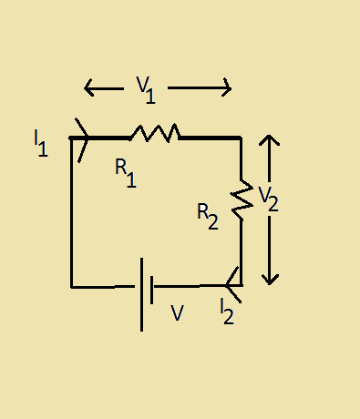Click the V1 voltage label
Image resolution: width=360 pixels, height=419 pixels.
click(146, 89)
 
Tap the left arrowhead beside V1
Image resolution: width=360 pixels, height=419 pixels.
click(88, 88)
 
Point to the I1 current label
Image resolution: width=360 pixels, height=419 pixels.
click(40, 143)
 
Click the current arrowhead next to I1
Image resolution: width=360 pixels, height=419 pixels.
click(85, 138)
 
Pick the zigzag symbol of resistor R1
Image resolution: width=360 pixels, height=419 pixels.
click(154, 134)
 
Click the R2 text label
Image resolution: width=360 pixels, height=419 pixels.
click(208, 216)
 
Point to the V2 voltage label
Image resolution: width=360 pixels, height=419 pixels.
click(267, 199)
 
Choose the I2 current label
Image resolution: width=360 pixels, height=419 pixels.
click(227, 312)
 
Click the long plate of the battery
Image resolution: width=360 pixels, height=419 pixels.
click(141, 293)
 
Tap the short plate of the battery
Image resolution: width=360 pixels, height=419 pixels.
click(152, 288)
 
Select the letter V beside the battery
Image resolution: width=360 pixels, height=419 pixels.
click(177, 313)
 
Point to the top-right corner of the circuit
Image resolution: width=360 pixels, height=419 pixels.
click(242, 138)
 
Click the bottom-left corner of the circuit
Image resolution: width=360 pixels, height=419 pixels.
click(71, 287)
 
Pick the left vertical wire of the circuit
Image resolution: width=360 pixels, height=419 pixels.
click(71, 214)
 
